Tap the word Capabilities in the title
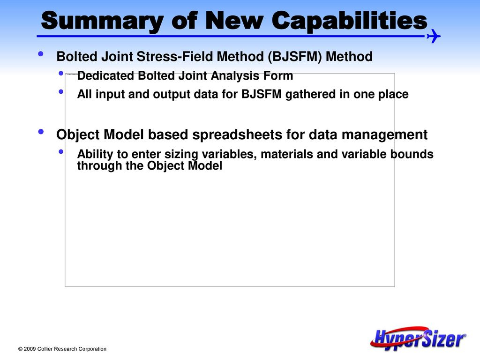coord(349,21)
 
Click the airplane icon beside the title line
coord(434,36)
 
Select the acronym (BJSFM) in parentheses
coord(294,57)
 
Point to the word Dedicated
coord(105,75)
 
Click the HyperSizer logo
coord(418,338)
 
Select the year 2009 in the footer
coord(30,349)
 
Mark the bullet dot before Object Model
coord(41,132)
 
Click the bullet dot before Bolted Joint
coord(41,54)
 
